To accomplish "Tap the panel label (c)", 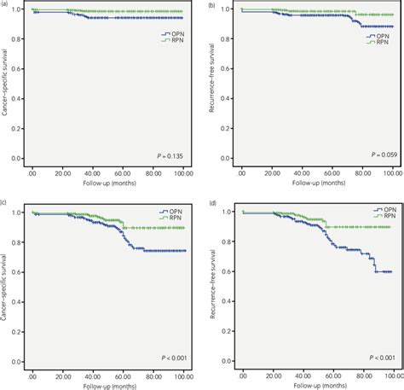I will coord(4,202).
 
